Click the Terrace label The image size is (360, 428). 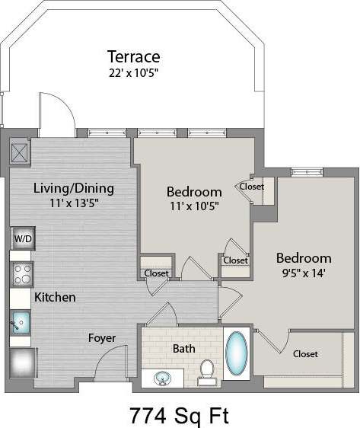(x=133, y=56)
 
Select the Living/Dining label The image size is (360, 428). (x=73, y=188)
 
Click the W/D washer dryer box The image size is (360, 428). (x=22, y=239)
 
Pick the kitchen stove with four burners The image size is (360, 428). (x=22, y=272)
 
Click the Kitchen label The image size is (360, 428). (x=54, y=297)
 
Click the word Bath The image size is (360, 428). (x=183, y=348)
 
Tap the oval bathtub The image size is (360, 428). (x=237, y=353)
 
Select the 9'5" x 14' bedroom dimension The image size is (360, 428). (x=304, y=274)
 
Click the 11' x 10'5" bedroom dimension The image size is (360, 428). (x=194, y=206)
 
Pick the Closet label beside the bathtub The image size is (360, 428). (x=305, y=354)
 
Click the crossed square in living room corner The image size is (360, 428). (x=20, y=150)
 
